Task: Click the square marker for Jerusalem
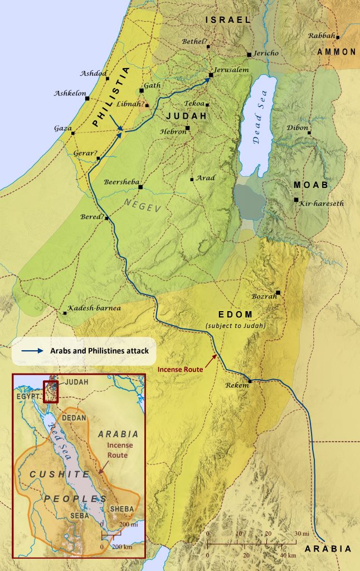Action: pos(211,75)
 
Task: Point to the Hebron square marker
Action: pos(188,128)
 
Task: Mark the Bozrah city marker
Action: pos(278,293)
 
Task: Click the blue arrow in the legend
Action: pos(33,351)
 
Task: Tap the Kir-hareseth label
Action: pos(322,204)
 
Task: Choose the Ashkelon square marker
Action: pos(87,99)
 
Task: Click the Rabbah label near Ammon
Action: pos(322,36)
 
